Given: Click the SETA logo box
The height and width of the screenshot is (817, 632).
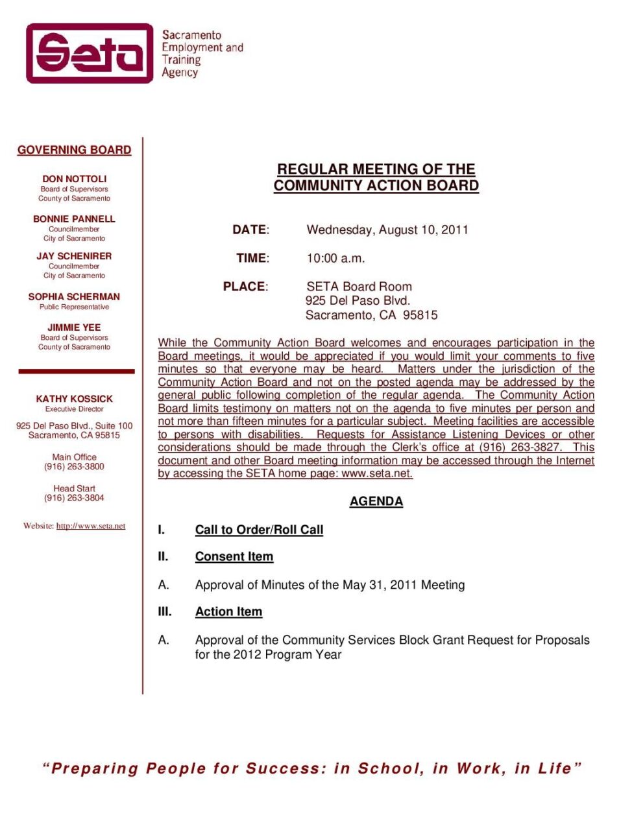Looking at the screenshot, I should coord(90,53).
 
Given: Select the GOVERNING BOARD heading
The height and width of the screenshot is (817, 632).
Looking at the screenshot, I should coord(74,150).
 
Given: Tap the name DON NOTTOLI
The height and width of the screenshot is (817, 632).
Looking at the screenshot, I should coord(74,178).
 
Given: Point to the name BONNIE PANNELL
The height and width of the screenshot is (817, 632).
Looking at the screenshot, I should coord(74,219).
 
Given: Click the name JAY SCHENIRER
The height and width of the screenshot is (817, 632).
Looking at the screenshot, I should coord(74,256).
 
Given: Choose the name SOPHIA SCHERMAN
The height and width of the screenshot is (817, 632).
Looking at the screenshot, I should coord(74,296).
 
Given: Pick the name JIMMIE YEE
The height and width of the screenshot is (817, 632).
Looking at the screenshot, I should coord(74,327).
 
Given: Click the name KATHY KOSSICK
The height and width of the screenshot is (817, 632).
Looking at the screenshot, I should coord(74,399).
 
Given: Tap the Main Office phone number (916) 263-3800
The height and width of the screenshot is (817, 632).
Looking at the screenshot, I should coord(74,466).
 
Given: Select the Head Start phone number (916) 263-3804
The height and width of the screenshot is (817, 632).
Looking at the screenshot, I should coord(74,498).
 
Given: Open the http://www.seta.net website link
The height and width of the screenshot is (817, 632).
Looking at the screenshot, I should coord(91,526).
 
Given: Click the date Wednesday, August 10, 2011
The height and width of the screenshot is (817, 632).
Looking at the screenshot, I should coord(387,230).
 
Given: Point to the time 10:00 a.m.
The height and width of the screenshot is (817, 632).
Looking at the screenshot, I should coord(335,258).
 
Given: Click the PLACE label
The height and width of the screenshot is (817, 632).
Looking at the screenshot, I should coord(245,287).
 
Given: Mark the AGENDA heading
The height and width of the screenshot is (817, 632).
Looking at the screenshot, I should coord(376,501).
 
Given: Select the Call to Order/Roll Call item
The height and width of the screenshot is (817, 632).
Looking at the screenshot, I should coord(259,530).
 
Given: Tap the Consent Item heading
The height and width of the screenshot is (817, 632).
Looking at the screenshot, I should coord(234,556).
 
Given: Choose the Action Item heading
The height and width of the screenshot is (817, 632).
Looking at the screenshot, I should coord(228,611).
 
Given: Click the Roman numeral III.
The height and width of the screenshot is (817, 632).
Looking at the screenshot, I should coord(165,611).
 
